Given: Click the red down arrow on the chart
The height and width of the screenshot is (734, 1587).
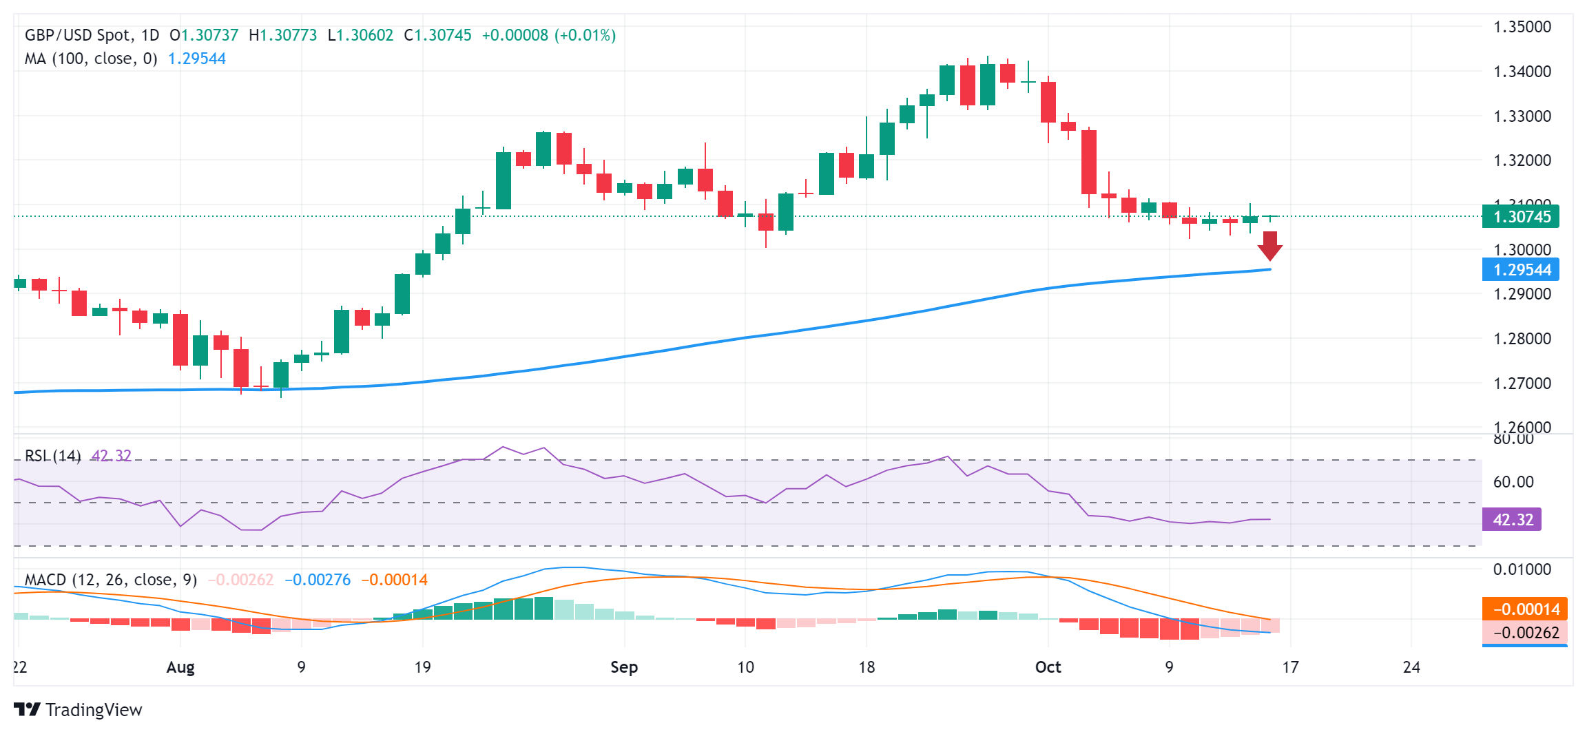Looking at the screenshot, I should click(x=1269, y=246).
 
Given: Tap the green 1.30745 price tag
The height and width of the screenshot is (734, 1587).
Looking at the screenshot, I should click(x=1521, y=217).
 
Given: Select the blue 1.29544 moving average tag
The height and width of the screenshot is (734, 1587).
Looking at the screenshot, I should click(x=1521, y=270).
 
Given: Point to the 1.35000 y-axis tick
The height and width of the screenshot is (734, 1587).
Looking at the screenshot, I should click(x=1522, y=27).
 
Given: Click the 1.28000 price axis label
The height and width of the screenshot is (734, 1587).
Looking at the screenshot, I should click(x=1522, y=339).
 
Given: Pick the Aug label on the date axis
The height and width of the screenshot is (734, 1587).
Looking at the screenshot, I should click(x=180, y=667).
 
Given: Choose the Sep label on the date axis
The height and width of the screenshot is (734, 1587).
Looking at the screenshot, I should click(x=624, y=667).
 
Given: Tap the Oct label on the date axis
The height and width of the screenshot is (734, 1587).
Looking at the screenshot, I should click(x=1048, y=667).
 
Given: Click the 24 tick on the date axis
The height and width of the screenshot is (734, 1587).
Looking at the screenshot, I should click(x=1411, y=667).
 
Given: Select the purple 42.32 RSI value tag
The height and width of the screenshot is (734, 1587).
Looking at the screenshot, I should click(x=1512, y=520).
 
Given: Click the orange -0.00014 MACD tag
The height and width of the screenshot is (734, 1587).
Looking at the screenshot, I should click(x=1525, y=609).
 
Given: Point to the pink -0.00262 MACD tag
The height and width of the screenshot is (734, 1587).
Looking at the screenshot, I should click(x=1525, y=632).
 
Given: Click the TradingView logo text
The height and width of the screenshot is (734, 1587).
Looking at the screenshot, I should click(x=93, y=710).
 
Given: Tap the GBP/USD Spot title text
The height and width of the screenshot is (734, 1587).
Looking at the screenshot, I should click(x=92, y=35).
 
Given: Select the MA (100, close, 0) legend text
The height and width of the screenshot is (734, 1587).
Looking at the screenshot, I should click(x=91, y=59).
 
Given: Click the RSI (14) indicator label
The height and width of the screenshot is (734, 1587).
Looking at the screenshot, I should click(x=53, y=456).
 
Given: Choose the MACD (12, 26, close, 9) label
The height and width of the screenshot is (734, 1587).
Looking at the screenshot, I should click(x=111, y=580).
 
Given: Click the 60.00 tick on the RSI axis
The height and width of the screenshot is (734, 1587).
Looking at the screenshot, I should click(x=1513, y=482).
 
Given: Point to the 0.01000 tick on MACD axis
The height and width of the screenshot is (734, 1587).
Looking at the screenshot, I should click(x=1522, y=569).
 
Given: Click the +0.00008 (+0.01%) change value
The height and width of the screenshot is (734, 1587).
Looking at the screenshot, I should click(x=548, y=35).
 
